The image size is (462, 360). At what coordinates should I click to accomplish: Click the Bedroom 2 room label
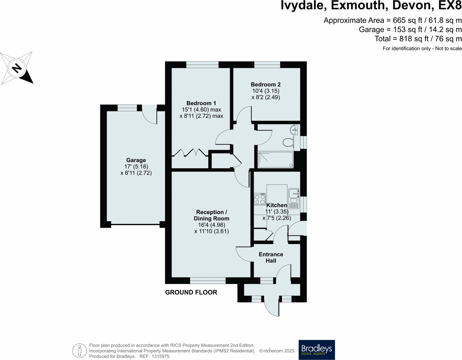click(266, 84)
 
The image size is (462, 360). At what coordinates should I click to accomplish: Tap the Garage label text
click(136, 160)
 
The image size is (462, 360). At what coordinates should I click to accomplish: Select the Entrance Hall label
click(271, 258)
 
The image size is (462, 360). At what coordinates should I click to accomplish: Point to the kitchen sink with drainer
click(294, 199)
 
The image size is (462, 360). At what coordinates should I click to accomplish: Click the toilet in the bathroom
click(289, 143)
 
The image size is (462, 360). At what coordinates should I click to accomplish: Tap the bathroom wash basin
click(294, 130)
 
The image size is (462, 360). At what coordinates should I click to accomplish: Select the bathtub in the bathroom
click(276, 160)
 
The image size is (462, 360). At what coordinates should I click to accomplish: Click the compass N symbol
click(17, 68)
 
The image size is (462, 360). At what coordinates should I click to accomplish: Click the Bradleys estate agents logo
click(317, 350)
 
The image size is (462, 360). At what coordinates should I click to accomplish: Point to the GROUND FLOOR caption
click(191, 292)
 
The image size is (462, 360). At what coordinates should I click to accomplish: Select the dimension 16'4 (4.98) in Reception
click(211, 225)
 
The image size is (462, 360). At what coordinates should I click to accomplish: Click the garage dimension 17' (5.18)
click(136, 166)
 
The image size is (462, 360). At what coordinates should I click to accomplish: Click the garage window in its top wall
click(127, 108)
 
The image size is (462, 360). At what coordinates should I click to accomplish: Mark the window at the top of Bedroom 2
click(267, 65)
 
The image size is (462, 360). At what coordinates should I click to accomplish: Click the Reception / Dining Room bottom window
click(208, 280)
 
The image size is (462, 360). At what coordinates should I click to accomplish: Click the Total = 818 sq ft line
click(418, 39)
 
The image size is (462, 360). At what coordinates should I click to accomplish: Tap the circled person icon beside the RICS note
click(79, 351)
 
